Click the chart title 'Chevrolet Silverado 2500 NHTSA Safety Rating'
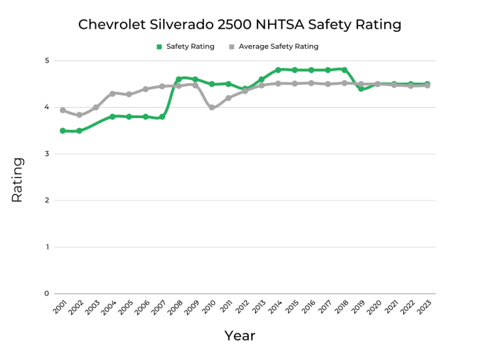coord(239,25)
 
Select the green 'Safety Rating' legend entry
coord(186,46)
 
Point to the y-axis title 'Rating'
coord(17,179)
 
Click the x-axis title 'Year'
coord(240,336)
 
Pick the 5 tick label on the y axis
coord(46,61)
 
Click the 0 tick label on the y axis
coord(46,294)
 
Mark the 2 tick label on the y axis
coord(46,201)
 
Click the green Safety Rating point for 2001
coord(62,131)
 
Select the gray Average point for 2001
coord(62,110)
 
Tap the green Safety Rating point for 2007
coord(162,117)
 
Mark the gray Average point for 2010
coord(212,107)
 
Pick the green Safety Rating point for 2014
coord(278,70)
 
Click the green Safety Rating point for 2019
coord(361,89)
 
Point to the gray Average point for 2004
coord(112,94)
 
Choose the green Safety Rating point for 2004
coord(112,117)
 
